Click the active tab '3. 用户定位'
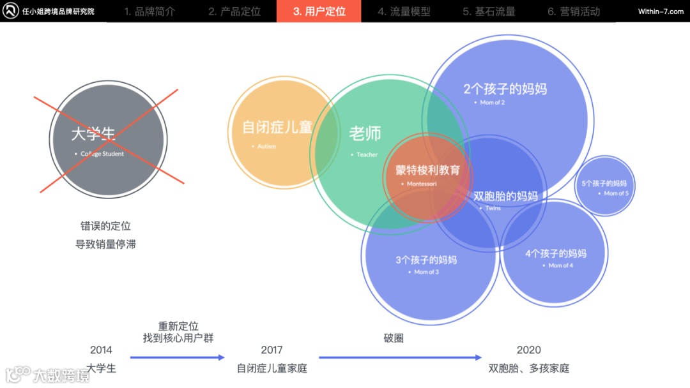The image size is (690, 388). tap(319, 11)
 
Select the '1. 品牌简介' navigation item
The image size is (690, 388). tap(149, 11)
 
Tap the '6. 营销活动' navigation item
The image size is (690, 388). tap(573, 11)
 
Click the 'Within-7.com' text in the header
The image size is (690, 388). tap(661, 11)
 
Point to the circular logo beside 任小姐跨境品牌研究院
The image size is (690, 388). tap(11, 11)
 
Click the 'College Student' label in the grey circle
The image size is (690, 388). tap(102, 154)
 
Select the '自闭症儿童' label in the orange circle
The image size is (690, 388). tap(277, 127)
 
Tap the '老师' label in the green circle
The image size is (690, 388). tap(365, 134)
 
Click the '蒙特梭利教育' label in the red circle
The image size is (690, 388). tap(427, 170)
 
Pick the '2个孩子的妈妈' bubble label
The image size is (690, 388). tap(505, 89)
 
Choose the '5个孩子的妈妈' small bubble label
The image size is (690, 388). tap(604, 183)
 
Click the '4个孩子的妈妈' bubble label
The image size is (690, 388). tap(556, 253)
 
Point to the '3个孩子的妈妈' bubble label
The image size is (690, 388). tap(426, 260)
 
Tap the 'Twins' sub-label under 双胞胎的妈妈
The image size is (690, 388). tap(493, 208)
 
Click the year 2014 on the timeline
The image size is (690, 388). tap(101, 350)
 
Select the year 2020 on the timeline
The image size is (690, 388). tap(528, 350)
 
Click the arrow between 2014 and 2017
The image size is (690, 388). tap(177, 357)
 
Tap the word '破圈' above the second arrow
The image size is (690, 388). tap(394, 338)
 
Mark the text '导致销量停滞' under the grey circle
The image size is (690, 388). tap(105, 244)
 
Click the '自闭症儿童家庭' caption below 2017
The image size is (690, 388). tap(272, 368)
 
